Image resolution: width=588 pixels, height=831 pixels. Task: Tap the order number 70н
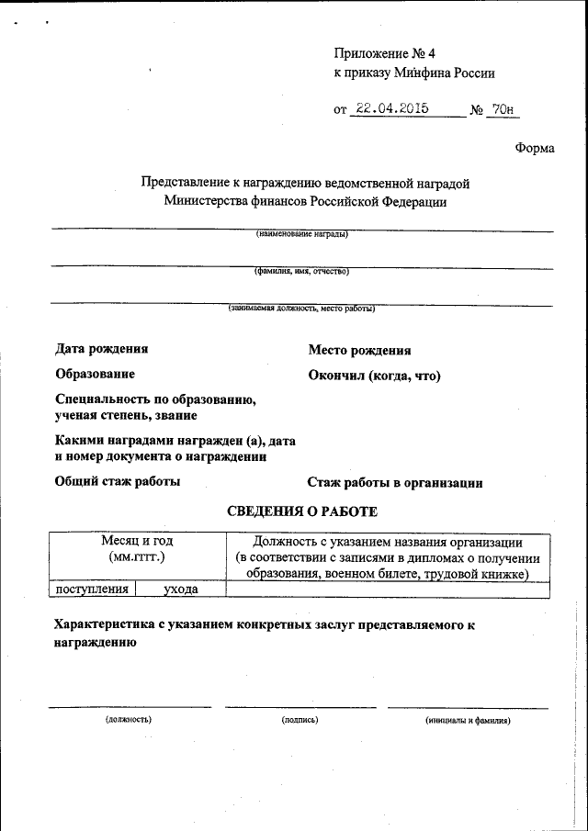[503, 109]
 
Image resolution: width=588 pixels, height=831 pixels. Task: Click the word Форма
[535, 147]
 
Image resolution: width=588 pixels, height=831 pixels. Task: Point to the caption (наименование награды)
[302, 234]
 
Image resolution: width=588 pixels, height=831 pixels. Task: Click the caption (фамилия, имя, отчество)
[302, 272]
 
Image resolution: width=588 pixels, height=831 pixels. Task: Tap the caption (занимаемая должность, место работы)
[302, 309]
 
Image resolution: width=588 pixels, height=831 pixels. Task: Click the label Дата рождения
[101, 349]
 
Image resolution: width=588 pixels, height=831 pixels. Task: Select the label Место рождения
[359, 350]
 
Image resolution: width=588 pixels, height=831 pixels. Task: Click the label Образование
[95, 374]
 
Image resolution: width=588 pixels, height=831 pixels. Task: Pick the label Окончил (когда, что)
[375, 376]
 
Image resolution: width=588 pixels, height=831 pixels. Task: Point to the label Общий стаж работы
[118, 481]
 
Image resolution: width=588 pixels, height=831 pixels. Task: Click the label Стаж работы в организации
[395, 482]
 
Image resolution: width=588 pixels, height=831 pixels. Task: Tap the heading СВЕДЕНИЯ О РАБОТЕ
[302, 511]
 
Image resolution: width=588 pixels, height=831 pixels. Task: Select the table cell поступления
[92, 590]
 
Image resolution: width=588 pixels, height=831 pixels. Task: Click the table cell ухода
[181, 590]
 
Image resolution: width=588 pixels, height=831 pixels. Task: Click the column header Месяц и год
[137, 542]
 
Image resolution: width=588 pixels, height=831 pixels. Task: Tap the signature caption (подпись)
[300, 720]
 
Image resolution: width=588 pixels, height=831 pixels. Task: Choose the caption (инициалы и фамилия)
[468, 720]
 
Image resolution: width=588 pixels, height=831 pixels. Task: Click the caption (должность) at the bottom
[129, 720]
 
